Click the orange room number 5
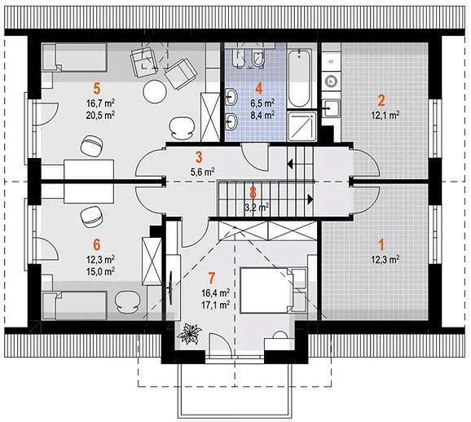(97, 89)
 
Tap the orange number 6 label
(97, 244)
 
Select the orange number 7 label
(212, 278)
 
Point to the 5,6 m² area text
(202, 172)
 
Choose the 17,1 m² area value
(216, 305)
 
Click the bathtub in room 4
(298, 78)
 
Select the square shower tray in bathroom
(302, 125)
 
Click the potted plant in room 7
(189, 334)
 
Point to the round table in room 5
(154, 92)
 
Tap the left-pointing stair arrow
(290, 164)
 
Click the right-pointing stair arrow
(310, 199)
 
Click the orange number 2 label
(381, 100)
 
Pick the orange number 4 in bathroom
(258, 89)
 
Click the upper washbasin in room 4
(231, 97)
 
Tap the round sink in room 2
(331, 81)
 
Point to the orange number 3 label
(199, 157)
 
